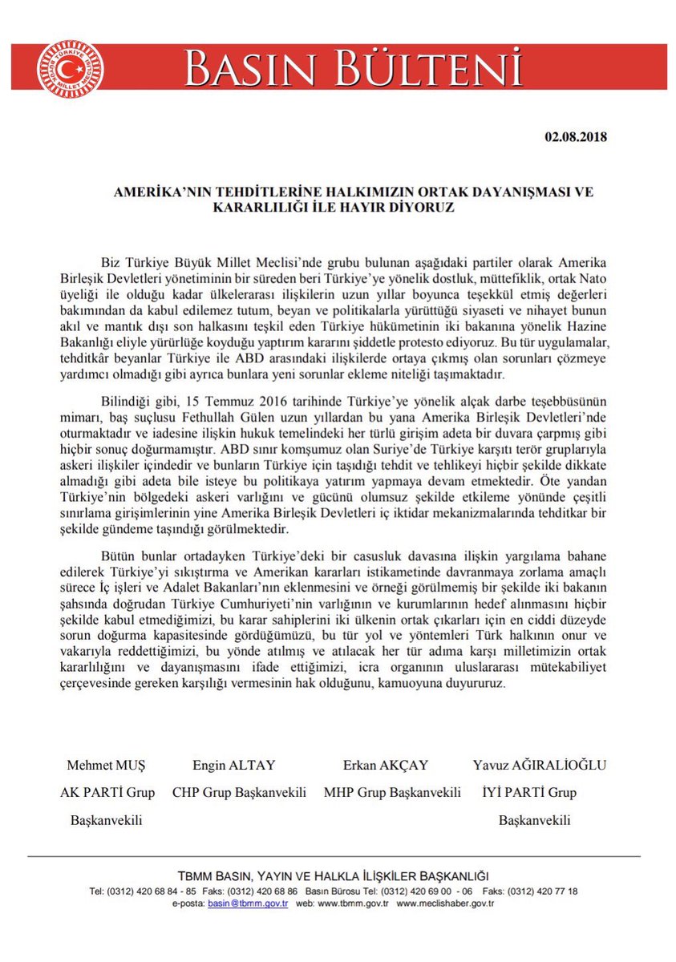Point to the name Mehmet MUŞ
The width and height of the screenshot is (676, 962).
point(107,765)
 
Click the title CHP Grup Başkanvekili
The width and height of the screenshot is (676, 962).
point(240,793)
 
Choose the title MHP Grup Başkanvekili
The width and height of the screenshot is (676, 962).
point(392,793)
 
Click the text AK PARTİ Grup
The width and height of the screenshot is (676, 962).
point(107,793)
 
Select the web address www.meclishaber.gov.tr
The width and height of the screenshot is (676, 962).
point(445,903)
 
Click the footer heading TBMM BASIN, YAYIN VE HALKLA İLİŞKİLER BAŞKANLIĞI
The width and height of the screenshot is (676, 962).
point(334,875)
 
